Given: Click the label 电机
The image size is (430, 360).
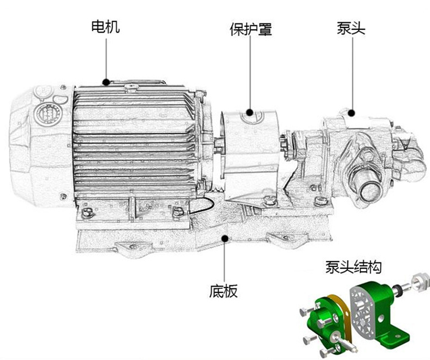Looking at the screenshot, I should [105, 26].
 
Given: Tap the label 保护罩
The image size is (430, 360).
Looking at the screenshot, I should [251, 29].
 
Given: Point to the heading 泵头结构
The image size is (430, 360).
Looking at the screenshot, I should [353, 267].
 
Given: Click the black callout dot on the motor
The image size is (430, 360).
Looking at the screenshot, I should [105, 81].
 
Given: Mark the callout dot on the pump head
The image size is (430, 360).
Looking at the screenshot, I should [351, 113].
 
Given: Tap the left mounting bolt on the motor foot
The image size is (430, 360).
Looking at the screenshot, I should [87, 213].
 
